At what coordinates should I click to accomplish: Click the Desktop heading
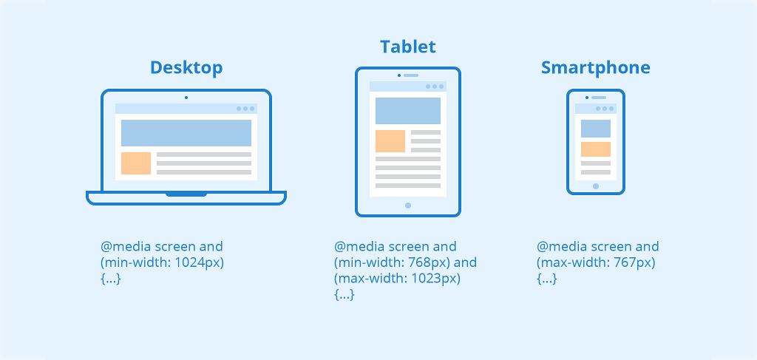tap(186, 68)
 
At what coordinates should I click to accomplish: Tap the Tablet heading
tap(408, 47)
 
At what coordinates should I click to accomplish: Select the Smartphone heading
tap(595, 68)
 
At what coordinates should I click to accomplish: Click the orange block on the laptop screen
tap(136, 163)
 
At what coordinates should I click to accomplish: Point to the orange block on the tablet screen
tap(390, 141)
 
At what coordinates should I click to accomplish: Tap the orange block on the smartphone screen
tap(596, 149)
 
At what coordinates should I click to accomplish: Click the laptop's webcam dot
tap(186, 98)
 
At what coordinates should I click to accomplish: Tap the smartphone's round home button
tap(596, 186)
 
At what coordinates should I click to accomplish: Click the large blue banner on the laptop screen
tap(186, 133)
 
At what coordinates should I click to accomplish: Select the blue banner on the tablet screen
tap(408, 110)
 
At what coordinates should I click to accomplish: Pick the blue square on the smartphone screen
tap(596, 129)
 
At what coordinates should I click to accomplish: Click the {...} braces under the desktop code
tap(110, 279)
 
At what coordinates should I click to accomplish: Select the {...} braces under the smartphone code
tap(546, 279)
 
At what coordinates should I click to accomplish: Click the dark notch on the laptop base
tap(186, 194)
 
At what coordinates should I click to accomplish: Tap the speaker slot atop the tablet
tap(411, 75)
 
